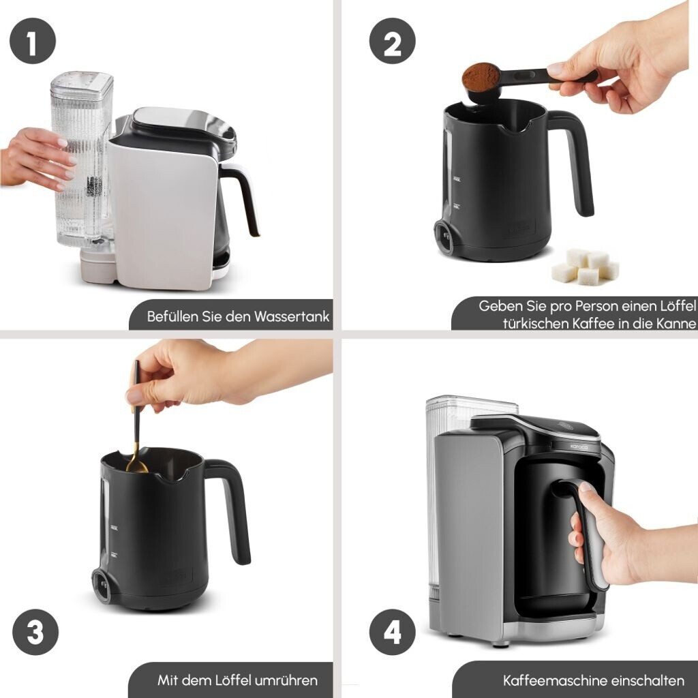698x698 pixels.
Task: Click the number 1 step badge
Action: click(x=33, y=41)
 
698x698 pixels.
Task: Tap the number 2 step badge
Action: click(x=392, y=41)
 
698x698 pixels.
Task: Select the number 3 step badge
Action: click(x=35, y=632)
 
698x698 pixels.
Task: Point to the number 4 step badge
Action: click(x=392, y=632)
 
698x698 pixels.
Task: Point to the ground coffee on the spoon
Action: click(x=481, y=76)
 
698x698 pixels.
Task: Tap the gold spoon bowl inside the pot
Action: click(x=136, y=466)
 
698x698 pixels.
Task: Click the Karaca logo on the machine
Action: click(x=579, y=446)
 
